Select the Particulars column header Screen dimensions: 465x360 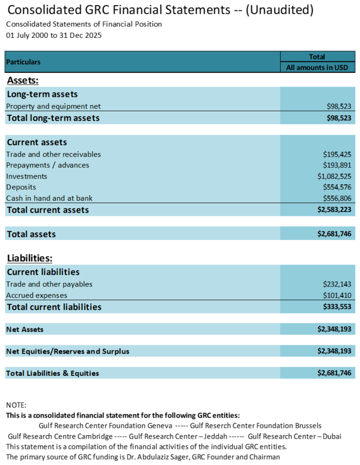24,61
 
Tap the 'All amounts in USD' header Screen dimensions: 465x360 318,68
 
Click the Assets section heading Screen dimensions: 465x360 22,81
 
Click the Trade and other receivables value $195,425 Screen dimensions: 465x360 337,154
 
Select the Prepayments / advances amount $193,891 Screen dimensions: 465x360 337,165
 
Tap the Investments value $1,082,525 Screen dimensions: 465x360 334,176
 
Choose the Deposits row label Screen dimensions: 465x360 21,187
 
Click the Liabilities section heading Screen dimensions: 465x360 29,259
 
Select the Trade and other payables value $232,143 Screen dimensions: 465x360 337,284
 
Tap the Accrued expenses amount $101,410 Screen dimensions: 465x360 337,295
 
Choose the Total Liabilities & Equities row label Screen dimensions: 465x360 52,373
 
